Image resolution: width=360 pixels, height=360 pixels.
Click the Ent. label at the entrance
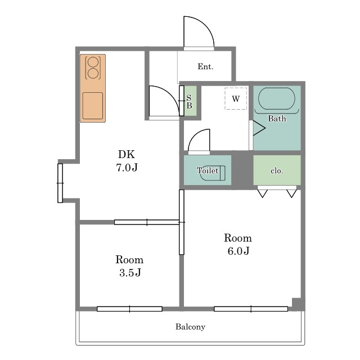click(x=205, y=66)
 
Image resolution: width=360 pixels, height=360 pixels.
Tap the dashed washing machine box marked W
click(x=236, y=98)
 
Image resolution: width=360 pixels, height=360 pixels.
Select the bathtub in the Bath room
click(x=276, y=99)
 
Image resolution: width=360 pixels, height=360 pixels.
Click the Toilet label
click(x=208, y=170)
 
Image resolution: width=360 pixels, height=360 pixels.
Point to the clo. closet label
click(x=277, y=171)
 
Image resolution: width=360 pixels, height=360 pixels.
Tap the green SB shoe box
click(x=191, y=101)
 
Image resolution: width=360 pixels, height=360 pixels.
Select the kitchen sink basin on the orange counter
click(x=92, y=106)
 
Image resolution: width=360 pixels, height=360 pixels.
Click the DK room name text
click(x=127, y=154)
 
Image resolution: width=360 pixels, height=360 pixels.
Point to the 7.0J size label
click(x=127, y=168)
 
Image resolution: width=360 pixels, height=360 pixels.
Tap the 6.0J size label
click(x=238, y=251)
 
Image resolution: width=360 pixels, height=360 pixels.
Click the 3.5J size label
click(x=130, y=273)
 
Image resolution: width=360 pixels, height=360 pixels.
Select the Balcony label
click(x=190, y=327)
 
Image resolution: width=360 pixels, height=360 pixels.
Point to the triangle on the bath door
click(x=259, y=128)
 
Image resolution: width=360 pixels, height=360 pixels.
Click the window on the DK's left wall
click(x=60, y=183)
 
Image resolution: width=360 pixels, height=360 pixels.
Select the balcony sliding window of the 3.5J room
click(x=130, y=309)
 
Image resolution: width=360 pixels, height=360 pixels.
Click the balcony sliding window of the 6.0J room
click(x=251, y=309)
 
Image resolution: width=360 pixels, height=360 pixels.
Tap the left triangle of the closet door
click(x=263, y=193)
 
